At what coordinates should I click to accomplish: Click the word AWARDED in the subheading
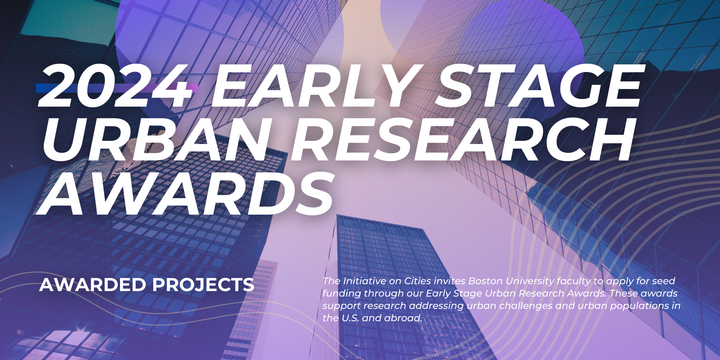93,285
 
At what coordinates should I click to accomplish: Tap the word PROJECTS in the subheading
203,285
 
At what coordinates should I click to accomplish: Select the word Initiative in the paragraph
364,281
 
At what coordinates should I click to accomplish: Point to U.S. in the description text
350,318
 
